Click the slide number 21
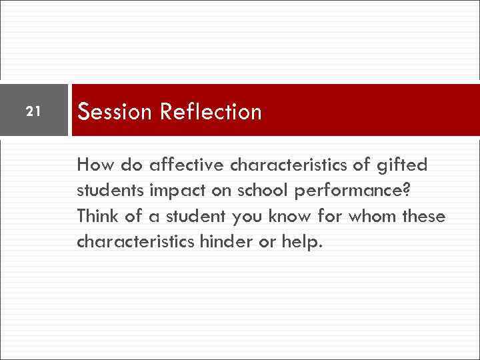[x=33, y=110]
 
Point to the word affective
[x=180, y=164]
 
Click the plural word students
[x=109, y=190]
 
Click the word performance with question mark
[x=351, y=191]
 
